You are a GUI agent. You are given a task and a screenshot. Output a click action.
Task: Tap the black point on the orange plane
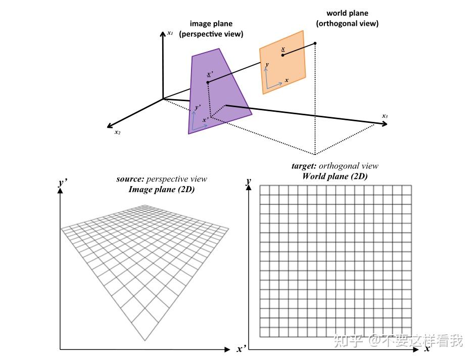click(283, 55)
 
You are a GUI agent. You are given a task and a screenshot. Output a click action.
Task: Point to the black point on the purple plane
click(208, 82)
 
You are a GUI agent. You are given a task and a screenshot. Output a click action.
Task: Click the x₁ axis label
click(170, 33)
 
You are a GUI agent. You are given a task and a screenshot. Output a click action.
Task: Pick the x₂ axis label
click(117, 132)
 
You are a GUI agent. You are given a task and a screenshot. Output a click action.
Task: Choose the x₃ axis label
click(385, 116)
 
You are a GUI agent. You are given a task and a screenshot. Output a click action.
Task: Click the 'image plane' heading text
click(211, 24)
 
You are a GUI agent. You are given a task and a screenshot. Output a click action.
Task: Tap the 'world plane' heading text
click(347, 13)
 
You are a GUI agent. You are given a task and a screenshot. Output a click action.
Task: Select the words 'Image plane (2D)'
click(162, 190)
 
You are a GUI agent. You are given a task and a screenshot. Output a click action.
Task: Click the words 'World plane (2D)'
click(335, 176)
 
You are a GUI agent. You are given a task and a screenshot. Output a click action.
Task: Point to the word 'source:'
click(130, 179)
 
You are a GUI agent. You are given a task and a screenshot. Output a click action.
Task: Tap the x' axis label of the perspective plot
click(241, 349)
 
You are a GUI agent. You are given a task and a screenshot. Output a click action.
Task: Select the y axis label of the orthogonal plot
click(248, 181)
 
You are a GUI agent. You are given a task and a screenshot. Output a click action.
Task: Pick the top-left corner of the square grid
click(260, 186)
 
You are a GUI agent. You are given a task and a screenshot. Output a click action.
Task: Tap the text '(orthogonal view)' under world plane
click(347, 23)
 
